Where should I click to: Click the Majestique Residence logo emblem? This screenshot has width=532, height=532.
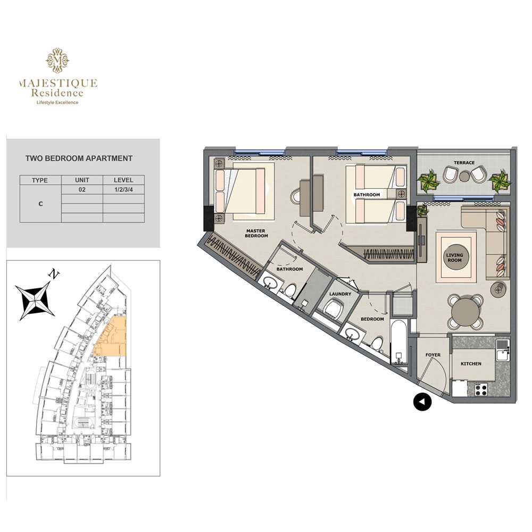click(57, 61)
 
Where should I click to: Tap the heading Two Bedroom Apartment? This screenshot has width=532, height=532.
click(79, 159)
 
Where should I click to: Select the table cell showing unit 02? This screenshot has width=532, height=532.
click(82, 190)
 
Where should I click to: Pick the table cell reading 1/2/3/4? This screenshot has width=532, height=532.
click(123, 190)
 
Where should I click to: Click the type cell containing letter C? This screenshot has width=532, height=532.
click(41, 204)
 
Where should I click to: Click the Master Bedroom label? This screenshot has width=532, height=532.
click(256, 233)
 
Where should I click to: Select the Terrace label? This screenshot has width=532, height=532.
click(464, 162)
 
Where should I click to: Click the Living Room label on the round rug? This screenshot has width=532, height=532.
click(454, 257)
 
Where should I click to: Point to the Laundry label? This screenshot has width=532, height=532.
click(340, 294)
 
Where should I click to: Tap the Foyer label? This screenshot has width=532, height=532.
click(433, 355)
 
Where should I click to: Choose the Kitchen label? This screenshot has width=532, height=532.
click(471, 364)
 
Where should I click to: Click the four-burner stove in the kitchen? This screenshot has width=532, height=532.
click(481, 389)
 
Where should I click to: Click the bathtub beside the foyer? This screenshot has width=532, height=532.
click(397, 342)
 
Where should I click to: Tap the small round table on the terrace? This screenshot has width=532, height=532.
click(464, 177)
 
